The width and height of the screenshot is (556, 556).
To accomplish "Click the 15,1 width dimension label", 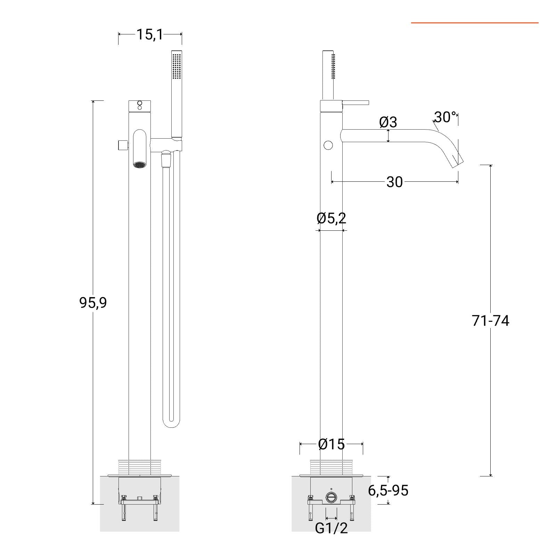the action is coord(149,34).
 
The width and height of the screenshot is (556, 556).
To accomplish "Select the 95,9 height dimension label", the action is coord(93,303).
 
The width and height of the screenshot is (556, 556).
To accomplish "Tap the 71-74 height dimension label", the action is coord(490,321).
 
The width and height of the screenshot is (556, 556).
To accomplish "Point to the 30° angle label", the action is coord(445,117).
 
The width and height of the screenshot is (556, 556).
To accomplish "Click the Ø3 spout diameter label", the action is coord(388,122).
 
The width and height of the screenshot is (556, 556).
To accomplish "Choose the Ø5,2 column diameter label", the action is coord(332,219).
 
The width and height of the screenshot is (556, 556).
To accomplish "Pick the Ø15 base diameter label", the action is coord(332,444).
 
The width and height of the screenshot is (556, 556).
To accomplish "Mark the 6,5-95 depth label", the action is coord(388,490).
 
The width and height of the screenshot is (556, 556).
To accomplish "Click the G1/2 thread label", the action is coord(331,528).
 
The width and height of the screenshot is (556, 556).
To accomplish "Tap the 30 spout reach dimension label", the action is coord(394,182).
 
